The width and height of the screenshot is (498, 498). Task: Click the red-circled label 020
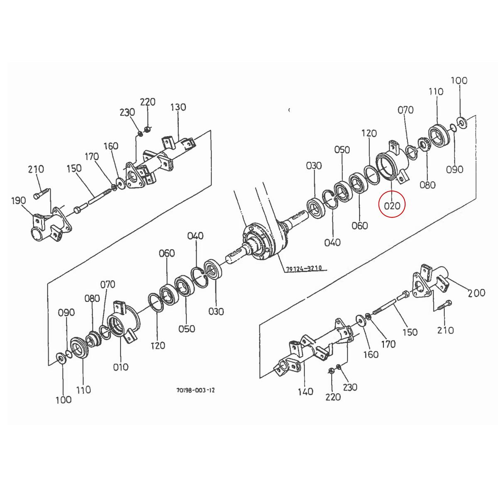[392, 205]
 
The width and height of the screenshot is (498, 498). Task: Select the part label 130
[178, 107]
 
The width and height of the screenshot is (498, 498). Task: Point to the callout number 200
[476, 293]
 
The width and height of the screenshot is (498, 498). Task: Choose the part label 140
[305, 391]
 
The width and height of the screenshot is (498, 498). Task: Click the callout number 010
[120, 367]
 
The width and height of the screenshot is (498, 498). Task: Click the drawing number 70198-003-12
[195, 390]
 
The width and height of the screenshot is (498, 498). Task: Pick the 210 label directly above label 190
[36, 169]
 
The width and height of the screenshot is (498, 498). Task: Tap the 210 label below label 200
[445, 330]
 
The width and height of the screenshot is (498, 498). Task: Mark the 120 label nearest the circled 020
[369, 133]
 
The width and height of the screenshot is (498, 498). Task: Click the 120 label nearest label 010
[158, 345]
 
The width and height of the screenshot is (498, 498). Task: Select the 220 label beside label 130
[147, 102]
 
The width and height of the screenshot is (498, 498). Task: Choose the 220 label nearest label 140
[333, 397]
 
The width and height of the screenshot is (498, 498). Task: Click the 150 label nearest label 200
[410, 332]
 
